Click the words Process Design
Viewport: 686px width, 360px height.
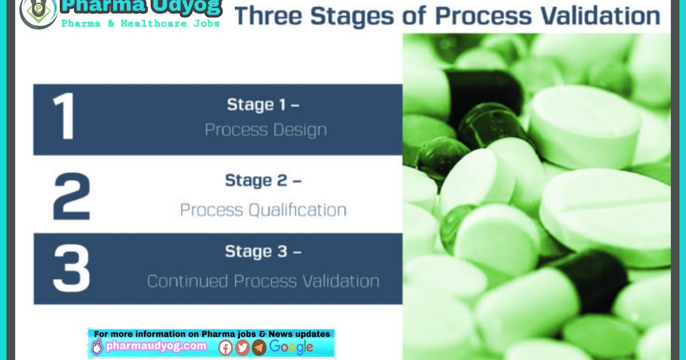coord(266,130)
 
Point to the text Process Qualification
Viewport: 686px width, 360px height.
coord(263,210)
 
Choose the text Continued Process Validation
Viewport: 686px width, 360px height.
coord(263,281)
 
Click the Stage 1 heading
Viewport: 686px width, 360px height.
coord(263,105)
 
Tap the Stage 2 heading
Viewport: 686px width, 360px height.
coord(263,180)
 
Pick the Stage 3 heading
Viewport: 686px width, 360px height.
coord(263,251)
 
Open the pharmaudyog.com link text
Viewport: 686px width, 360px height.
coord(155,346)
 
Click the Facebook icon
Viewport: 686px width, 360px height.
coord(226,347)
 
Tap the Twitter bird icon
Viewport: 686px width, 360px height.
coord(242,347)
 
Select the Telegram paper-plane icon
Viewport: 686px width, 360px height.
coord(259,347)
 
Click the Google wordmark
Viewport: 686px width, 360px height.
coord(291,346)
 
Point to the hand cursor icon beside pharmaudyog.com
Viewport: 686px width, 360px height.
coord(97,346)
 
